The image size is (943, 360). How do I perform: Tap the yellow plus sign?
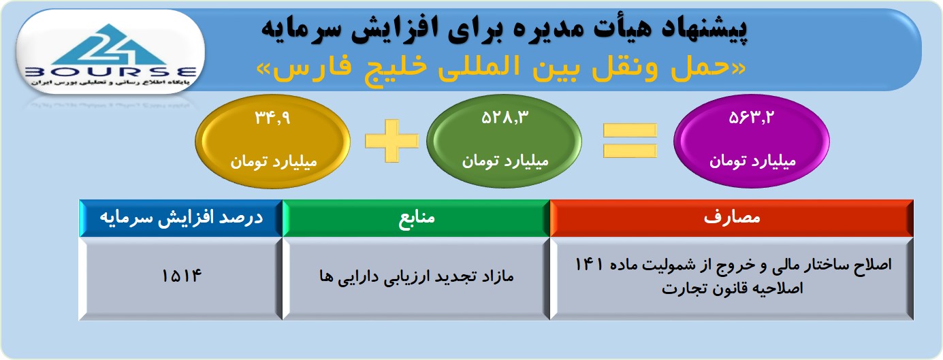[391, 140]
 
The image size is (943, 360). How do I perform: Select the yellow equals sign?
[630, 140]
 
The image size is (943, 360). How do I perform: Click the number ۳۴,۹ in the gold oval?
[273, 118]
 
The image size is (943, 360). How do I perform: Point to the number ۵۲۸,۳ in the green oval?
[505, 118]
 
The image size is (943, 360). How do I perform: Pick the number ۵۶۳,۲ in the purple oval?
[752, 118]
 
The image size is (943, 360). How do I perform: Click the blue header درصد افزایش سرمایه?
[181, 218]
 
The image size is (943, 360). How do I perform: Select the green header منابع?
[417, 218]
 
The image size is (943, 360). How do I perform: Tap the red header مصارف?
[732, 217]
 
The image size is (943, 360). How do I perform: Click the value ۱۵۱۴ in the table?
[182, 276]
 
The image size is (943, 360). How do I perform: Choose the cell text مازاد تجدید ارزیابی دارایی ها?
[417, 277]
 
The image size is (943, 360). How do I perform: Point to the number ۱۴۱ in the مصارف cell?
[588, 265]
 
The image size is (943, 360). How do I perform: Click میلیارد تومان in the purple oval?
[752, 161]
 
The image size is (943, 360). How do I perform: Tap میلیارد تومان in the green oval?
[505, 161]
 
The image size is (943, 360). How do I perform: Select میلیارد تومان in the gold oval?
[274, 161]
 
